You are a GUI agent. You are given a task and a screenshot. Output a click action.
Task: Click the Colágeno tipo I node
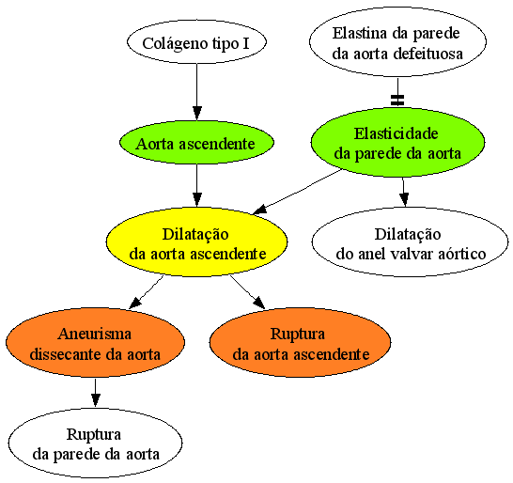point(196,42)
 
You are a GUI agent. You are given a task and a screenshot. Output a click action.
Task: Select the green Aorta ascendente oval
point(196,143)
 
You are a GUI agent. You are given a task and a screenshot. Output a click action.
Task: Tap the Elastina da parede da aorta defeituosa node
point(397,42)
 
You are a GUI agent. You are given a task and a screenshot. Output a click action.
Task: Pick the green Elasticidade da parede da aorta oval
point(397,143)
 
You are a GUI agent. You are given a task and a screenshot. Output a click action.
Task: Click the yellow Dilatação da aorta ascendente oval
point(196,241)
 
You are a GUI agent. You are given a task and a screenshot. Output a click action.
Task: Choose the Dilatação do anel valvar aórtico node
point(410,241)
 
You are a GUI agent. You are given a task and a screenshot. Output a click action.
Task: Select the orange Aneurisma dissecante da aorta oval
point(95,342)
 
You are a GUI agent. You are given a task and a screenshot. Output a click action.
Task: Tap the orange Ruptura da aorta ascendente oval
point(300,342)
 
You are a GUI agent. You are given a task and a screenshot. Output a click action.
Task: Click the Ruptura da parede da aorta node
point(95,443)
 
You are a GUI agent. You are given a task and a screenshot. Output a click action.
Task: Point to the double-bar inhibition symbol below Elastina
point(397,101)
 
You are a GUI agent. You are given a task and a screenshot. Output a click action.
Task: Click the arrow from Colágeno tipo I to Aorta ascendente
point(196,92)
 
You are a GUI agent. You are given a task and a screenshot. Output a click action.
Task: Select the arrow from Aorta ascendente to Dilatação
point(196,185)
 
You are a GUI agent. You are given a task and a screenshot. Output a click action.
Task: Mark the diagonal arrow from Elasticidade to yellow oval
point(298,192)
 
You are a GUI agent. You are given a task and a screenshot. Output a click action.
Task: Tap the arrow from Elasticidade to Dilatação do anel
point(404,193)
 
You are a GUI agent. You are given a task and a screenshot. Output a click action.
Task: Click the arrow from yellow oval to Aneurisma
point(147,292)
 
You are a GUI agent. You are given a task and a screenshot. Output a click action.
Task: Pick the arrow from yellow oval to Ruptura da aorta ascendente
point(247,292)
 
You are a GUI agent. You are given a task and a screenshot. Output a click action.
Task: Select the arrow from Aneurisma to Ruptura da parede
point(95,393)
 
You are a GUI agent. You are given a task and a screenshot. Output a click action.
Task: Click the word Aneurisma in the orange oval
point(95,334)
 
